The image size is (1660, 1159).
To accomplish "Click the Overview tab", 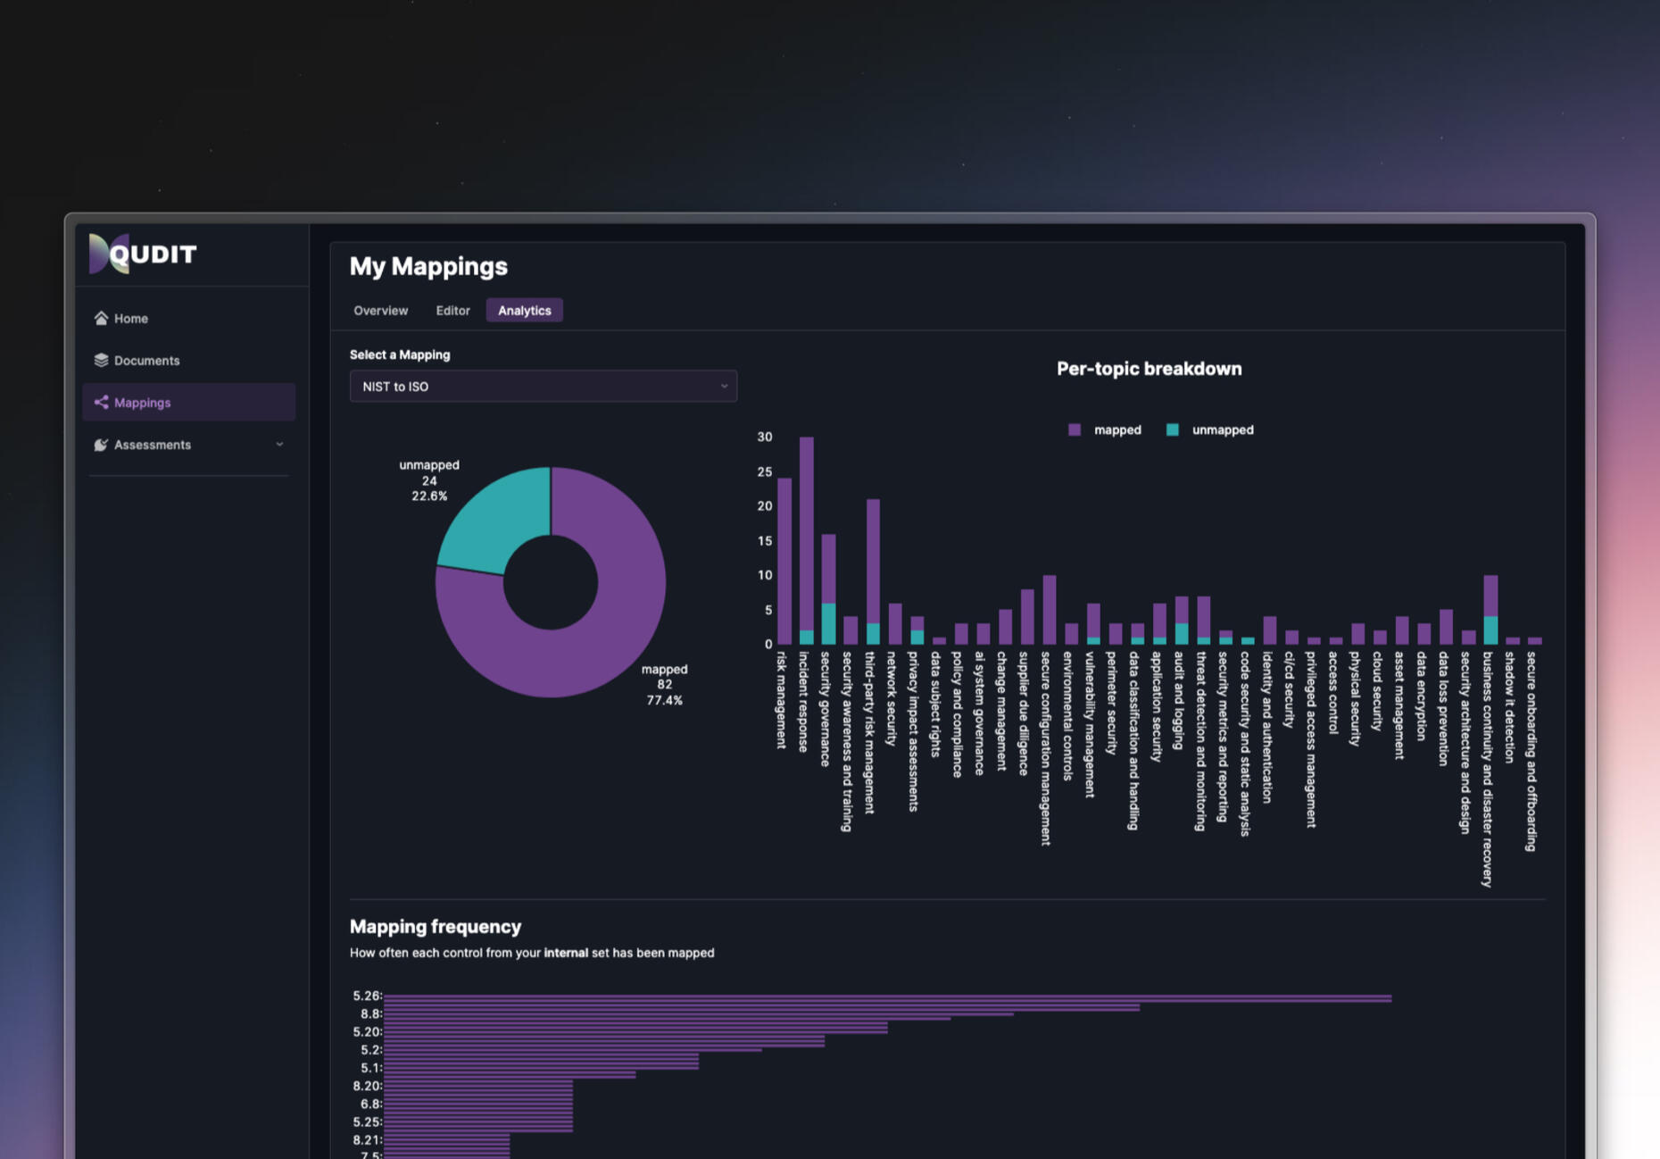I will point(380,311).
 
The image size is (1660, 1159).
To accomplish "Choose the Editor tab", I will point(452,311).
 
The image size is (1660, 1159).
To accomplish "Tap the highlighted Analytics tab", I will point(524,311).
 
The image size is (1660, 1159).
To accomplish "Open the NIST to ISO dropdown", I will point(543,387).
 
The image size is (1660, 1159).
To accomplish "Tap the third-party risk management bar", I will point(873,563).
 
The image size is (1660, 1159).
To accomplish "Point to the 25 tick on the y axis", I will point(764,471).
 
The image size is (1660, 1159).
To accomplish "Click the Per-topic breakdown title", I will point(1149,369).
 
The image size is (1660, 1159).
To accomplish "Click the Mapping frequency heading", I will point(436,927).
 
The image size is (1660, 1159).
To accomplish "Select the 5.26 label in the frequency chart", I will point(366,996).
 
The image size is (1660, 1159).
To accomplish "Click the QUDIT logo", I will point(143,254).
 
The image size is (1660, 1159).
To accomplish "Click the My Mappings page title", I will point(428,266).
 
